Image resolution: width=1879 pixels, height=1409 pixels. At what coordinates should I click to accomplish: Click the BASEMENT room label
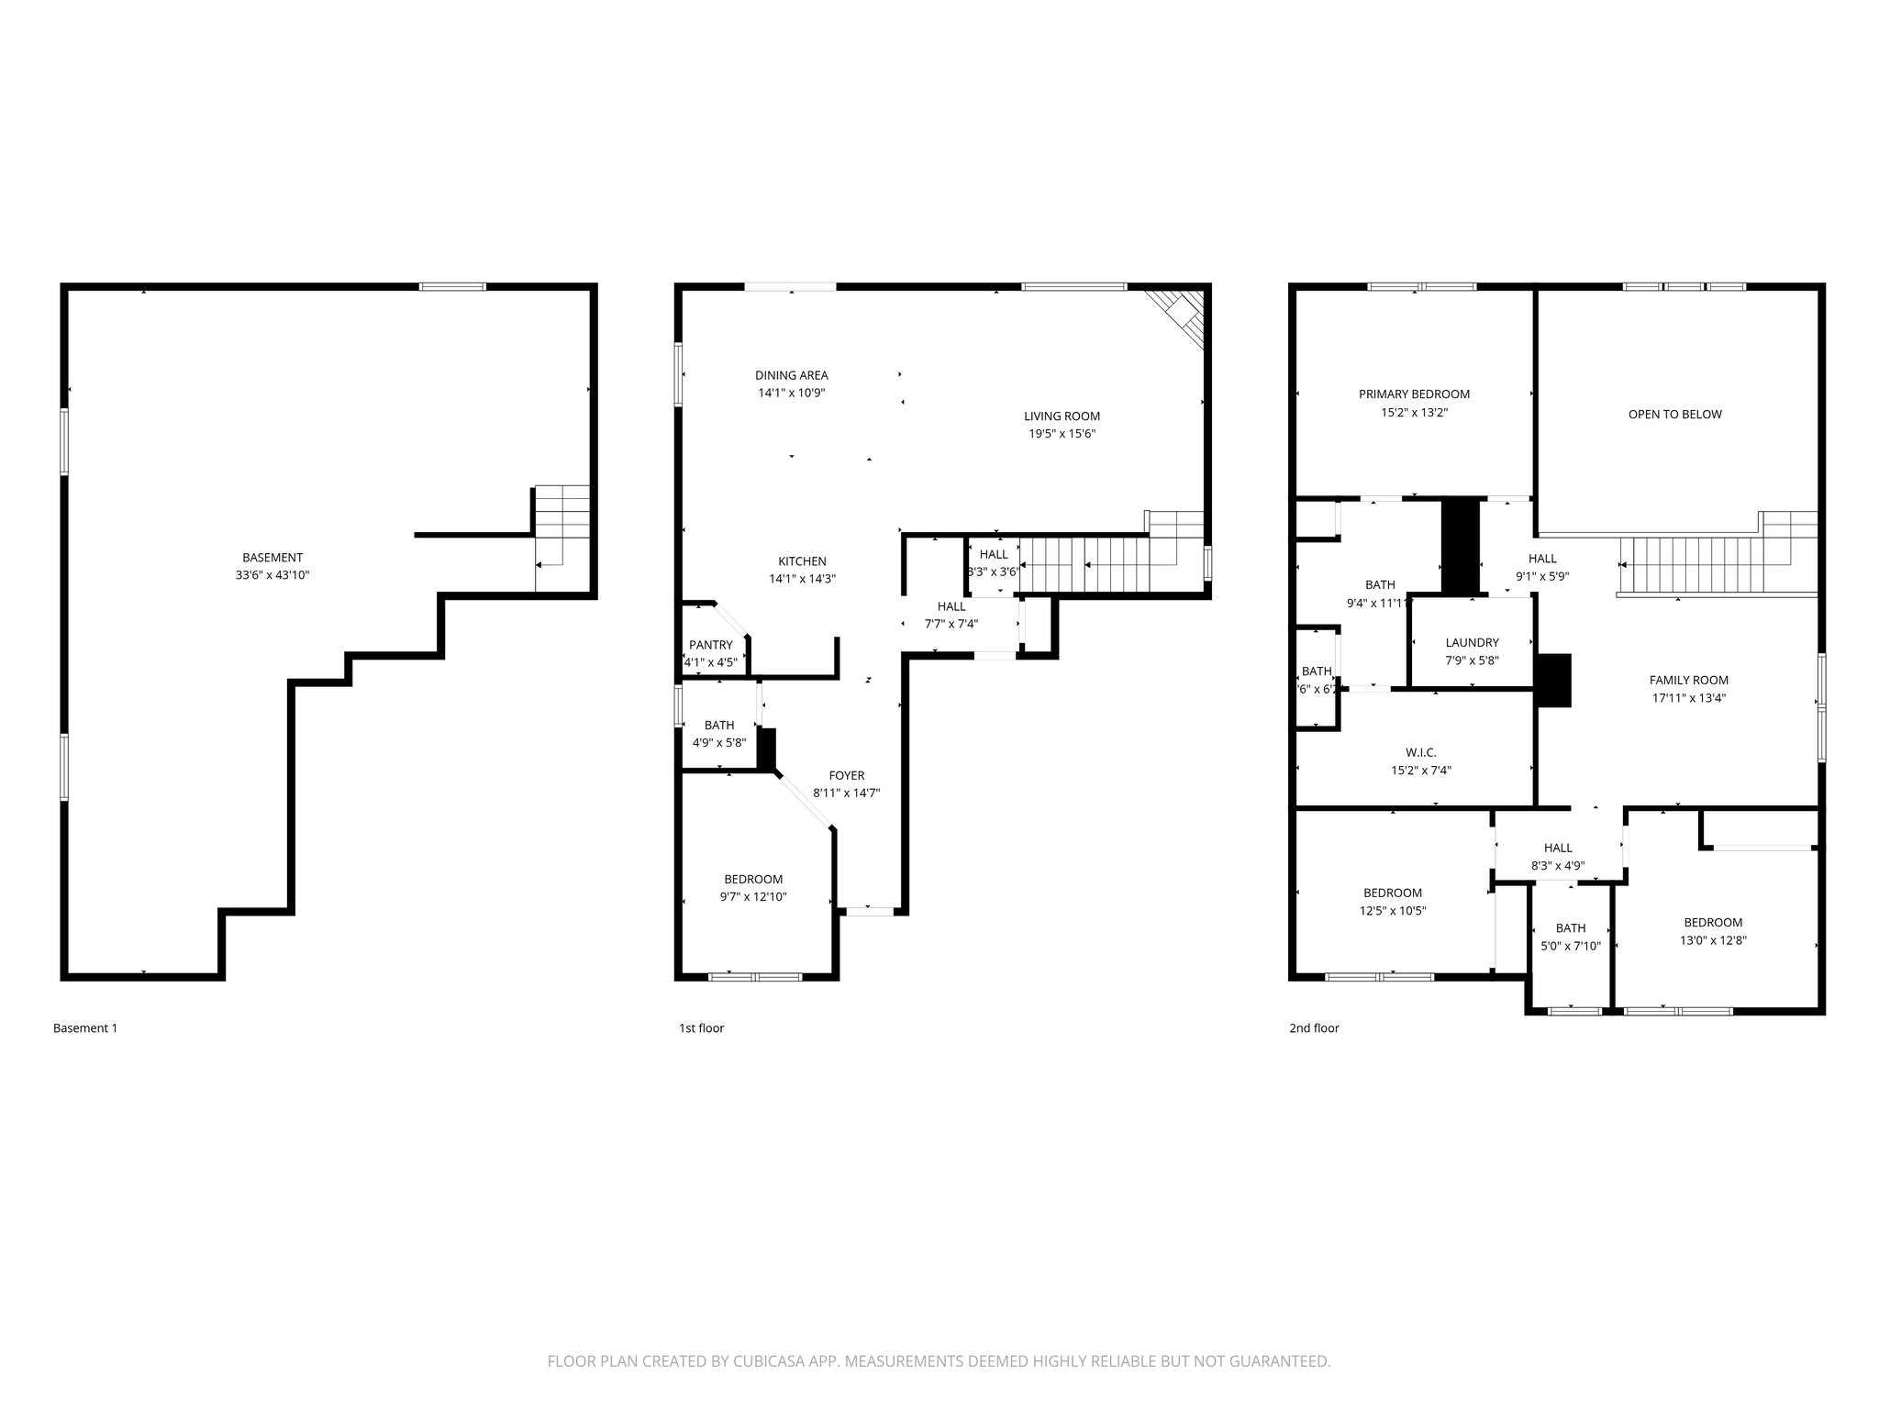click(x=272, y=557)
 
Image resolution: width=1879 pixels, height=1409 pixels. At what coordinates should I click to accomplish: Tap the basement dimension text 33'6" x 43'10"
click(x=272, y=575)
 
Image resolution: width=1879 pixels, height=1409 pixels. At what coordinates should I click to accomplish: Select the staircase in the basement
click(x=561, y=538)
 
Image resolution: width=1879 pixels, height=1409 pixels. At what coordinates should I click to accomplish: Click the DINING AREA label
click(x=791, y=374)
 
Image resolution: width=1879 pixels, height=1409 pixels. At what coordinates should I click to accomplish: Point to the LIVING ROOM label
click(x=1062, y=416)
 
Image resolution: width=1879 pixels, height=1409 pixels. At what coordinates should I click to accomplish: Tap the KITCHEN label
click(x=802, y=561)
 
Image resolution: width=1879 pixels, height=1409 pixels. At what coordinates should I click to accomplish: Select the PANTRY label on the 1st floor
click(x=710, y=645)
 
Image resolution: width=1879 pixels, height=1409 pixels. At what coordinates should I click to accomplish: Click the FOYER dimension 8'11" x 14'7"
click(x=846, y=793)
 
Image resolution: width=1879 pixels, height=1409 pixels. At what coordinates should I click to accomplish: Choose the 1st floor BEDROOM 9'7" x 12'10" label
click(x=752, y=879)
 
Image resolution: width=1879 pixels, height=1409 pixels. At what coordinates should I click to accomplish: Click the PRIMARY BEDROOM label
click(x=1414, y=394)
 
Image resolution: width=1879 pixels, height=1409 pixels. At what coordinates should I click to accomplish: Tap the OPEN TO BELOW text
click(x=1674, y=414)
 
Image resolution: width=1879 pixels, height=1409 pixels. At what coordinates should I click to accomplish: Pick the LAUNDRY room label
click(x=1472, y=643)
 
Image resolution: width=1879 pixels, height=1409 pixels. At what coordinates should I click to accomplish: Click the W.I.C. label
click(x=1420, y=752)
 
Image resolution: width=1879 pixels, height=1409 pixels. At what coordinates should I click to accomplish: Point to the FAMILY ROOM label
click(x=1688, y=680)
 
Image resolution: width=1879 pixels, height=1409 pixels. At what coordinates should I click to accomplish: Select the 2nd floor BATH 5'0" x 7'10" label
click(x=1570, y=928)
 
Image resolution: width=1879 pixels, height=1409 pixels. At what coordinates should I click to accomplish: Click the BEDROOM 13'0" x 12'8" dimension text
click(x=1713, y=940)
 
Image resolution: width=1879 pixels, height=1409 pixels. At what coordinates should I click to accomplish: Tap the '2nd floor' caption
click(x=1314, y=1028)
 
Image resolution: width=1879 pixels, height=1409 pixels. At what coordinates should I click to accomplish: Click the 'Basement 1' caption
click(x=85, y=1028)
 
